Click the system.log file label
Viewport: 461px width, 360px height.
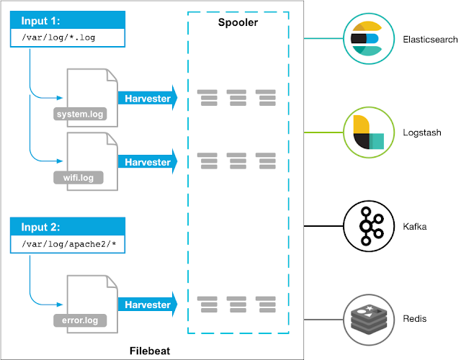[80, 113]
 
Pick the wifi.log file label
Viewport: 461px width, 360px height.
[77, 176]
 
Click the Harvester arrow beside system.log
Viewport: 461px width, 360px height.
[147, 98]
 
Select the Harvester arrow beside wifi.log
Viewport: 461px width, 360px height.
[147, 161]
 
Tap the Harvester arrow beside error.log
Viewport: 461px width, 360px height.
[147, 305]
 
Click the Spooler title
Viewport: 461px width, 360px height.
[238, 23]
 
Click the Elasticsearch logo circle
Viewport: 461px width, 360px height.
[365, 39]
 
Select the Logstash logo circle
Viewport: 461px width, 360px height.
[365, 133]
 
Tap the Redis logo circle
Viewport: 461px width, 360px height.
[365, 318]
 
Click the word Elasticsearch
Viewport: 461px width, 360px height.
[430, 40]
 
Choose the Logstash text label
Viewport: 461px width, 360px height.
[421, 133]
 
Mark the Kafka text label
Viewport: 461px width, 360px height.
[415, 228]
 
